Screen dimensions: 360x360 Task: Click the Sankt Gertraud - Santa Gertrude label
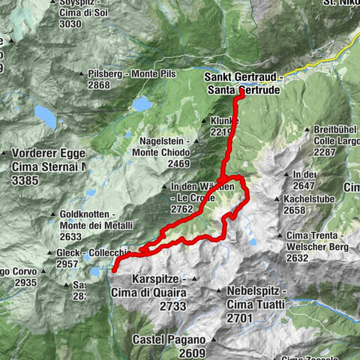243,82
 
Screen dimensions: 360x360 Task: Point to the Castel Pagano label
169,340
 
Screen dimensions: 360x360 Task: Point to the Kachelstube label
307,199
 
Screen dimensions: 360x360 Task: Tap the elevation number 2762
182,209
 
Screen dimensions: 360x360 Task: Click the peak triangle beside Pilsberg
81,74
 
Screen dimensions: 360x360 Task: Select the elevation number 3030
70,23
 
